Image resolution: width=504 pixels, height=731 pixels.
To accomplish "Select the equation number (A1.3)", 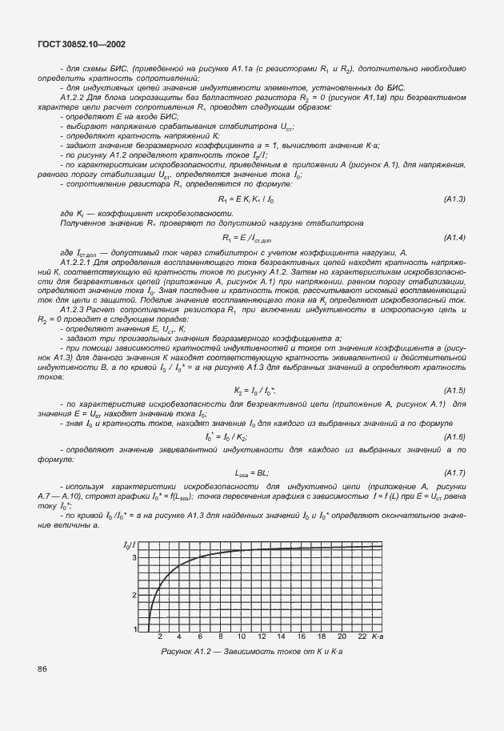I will pos(454,198).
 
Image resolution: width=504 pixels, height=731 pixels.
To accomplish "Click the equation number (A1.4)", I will pos(454,238).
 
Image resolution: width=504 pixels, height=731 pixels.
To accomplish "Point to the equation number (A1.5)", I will pos(454,390).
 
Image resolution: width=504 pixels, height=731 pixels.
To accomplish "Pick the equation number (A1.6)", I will pos(454,436).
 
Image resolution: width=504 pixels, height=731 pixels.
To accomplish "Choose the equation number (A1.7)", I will pos(454,472).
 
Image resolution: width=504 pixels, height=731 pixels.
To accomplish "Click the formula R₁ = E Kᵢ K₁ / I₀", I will pos(246,199).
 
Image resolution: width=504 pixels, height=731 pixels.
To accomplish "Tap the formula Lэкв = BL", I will pos(246,472).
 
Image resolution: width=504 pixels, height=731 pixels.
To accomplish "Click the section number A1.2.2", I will pos(74,95).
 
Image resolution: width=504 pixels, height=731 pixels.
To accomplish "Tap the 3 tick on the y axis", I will pos(134,556).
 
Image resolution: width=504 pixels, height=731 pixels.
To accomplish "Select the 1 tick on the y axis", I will pos(134,630).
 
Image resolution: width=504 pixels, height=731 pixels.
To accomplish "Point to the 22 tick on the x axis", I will pos(362,637).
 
